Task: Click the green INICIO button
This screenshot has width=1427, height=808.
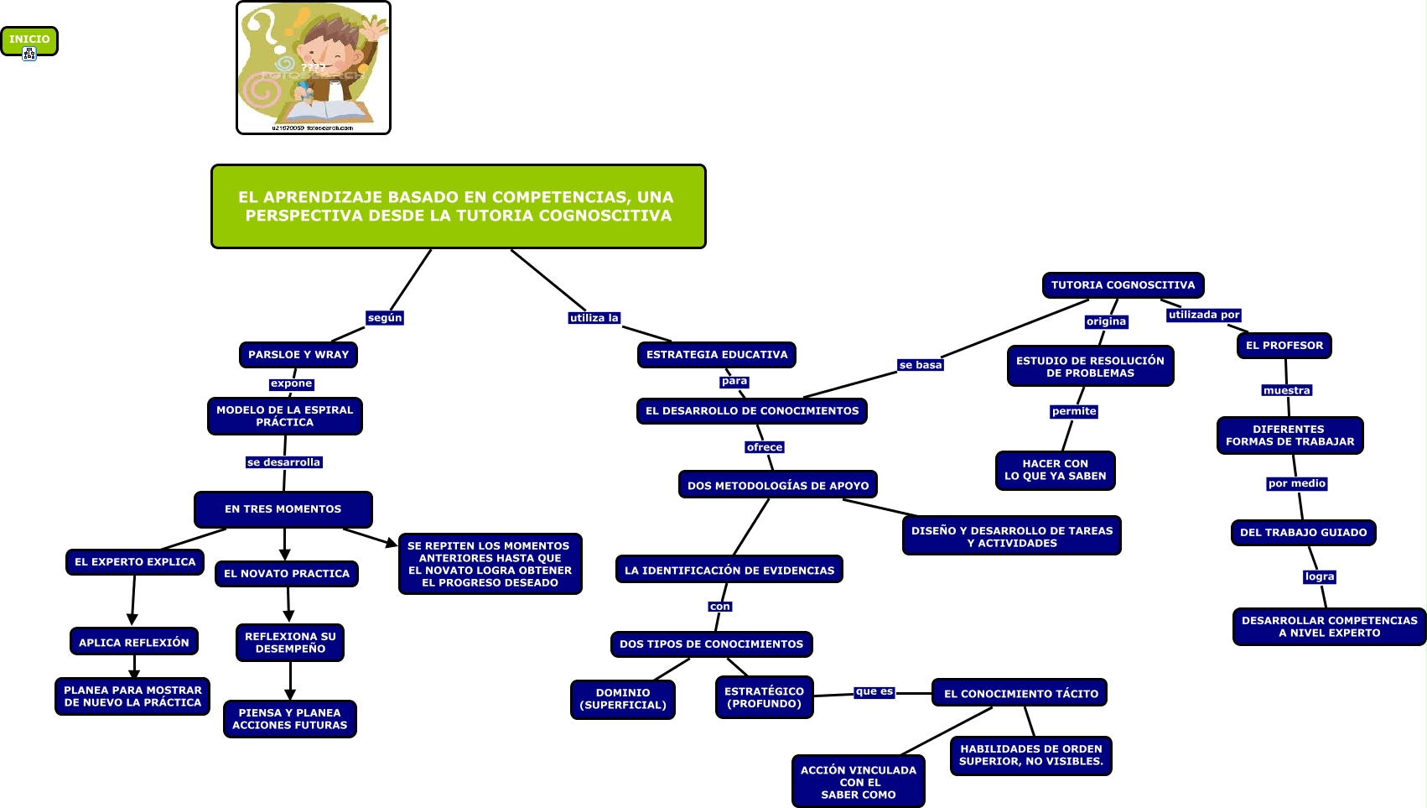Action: pos(29,39)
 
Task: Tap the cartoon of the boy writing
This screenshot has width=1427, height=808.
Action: pos(314,68)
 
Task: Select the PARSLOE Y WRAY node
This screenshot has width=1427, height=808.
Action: pos(298,355)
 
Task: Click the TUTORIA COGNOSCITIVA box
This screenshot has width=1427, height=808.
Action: pos(1123,285)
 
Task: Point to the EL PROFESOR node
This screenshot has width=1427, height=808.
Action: pos(1284,346)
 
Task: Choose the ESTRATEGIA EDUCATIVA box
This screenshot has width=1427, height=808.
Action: pos(717,355)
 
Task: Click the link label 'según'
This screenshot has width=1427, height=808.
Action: pos(385,318)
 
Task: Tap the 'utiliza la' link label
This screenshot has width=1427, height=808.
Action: pos(594,318)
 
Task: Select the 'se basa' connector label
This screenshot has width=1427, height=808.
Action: pos(920,365)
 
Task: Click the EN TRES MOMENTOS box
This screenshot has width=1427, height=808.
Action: pos(283,509)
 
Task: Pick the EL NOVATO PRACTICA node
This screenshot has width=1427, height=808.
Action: pos(287,574)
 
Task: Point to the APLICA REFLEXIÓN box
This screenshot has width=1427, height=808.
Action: pos(134,643)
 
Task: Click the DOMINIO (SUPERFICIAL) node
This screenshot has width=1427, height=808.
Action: pos(623,699)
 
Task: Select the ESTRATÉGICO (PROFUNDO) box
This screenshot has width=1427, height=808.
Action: pos(764,697)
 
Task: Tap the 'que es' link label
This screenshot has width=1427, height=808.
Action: pos(874,692)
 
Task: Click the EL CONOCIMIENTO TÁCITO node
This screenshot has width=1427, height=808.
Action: pos(1020,694)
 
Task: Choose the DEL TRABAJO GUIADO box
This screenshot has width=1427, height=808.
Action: pos(1303,533)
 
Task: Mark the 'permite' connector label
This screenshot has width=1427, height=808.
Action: pos(1073,411)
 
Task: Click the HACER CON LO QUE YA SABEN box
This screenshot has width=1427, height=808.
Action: pos(1055,470)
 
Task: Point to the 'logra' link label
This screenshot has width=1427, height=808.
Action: pos(1319,576)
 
